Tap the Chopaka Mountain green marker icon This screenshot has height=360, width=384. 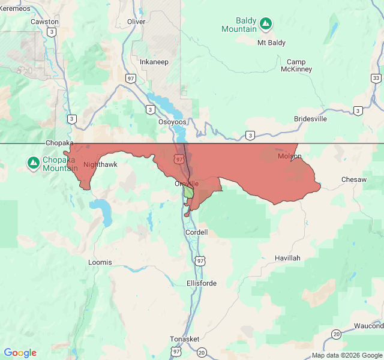coord(34,163)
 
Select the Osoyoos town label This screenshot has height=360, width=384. coord(172,122)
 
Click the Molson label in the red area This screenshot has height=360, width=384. coord(289,157)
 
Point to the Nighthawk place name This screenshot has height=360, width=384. coord(100,164)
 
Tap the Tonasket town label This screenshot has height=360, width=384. coord(184,339)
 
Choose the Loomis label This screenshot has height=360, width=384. coord(100,262)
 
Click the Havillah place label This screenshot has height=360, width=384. coord(287,258)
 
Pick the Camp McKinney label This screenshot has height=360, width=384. coord(296,65)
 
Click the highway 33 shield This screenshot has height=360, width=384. coord(376,79)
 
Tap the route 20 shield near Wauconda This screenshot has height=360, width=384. coord(337,334)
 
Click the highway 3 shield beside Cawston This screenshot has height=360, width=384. coord(52,32)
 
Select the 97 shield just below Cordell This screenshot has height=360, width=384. coord(200,260)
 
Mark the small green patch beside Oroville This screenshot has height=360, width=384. coord(189,192)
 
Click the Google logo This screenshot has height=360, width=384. coord(20,353)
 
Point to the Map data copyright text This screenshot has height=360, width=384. coord(347,355)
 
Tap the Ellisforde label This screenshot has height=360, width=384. coord(202,283)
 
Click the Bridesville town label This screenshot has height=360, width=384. coord(310,119)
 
